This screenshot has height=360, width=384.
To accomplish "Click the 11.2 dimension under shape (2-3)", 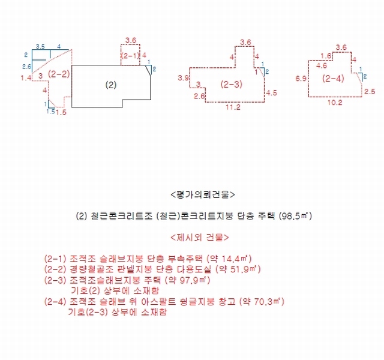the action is (233, 107).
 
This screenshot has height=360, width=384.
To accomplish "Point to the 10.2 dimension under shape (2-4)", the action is (335, 103).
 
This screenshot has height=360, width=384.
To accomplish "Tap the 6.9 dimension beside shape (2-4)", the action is (301, 79).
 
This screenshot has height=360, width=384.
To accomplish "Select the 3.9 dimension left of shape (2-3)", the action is (183, 78).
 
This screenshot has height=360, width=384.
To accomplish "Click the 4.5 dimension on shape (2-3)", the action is (271, 93).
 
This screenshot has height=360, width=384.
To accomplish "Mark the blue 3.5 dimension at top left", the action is (40, 46).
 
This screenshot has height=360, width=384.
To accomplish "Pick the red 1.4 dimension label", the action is (26, 78).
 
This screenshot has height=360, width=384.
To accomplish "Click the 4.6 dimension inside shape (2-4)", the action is (322, 65).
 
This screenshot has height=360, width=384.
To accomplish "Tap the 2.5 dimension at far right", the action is (370, 92).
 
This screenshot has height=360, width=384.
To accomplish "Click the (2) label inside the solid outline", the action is (110, 85).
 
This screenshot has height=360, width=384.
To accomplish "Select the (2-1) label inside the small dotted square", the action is (130, 56).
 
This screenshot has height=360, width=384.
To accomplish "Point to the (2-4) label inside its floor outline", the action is (333, 79).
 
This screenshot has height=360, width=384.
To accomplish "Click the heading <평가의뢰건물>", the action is (203, 194).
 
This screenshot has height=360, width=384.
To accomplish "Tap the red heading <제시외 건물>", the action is (200, 238).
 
